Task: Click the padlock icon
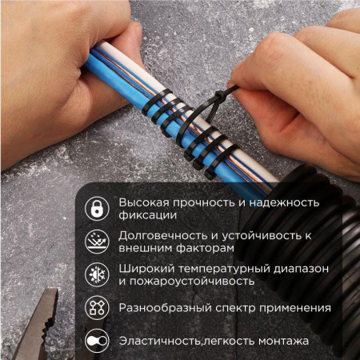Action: (97, 209)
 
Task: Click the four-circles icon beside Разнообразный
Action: (97, 308)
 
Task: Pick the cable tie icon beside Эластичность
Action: (97, 341)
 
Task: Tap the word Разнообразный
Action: (164, 308)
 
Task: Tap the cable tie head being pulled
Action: (232, 89)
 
